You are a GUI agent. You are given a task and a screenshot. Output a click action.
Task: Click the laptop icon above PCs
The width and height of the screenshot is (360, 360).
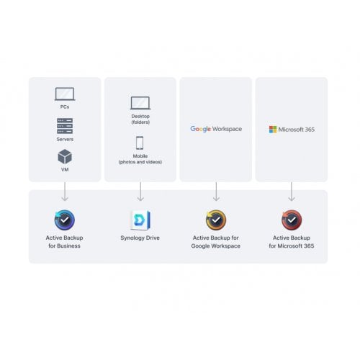point(65,94)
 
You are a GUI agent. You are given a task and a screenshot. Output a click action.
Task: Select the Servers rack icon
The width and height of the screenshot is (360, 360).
point(65,126)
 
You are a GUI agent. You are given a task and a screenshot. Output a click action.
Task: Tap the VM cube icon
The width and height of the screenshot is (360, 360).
point(65,156)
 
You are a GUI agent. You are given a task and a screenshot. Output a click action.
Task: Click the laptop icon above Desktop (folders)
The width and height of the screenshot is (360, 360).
point(140,103)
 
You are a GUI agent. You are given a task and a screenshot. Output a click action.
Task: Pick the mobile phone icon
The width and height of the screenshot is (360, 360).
point(140,143)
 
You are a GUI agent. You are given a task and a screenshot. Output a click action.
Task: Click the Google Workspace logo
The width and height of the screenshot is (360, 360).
point(216,129)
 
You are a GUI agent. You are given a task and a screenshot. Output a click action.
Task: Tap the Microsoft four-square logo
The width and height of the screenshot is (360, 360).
point(273,130)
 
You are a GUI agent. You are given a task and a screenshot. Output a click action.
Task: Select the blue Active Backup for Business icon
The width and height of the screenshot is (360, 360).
point(65,220)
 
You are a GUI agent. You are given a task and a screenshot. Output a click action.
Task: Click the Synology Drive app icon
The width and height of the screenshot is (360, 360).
point(140,220)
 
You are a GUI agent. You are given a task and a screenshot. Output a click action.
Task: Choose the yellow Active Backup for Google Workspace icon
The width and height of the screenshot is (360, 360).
point(216,220)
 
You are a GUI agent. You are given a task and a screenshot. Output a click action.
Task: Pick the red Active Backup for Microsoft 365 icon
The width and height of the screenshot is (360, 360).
point(292,220)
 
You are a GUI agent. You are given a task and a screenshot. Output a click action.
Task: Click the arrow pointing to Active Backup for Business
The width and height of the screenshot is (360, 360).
point(65,192)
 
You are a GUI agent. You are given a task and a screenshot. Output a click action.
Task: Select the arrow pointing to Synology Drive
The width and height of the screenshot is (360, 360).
point(140,192)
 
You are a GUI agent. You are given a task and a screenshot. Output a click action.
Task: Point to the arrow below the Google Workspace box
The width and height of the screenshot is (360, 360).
point(216,192)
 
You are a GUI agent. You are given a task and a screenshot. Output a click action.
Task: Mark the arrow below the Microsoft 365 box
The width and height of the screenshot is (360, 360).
point(292,192)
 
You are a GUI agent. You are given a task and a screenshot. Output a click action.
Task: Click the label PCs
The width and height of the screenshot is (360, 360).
point(65,107)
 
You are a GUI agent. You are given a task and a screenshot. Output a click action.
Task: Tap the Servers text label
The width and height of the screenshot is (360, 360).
point(65,139)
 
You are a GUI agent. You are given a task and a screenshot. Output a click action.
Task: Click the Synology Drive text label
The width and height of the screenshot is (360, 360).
point(140,238)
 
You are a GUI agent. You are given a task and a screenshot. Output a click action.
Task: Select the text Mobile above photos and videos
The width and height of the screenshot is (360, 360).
point(140,156)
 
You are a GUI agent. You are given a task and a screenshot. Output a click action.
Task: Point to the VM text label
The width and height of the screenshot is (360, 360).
point(65,169)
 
